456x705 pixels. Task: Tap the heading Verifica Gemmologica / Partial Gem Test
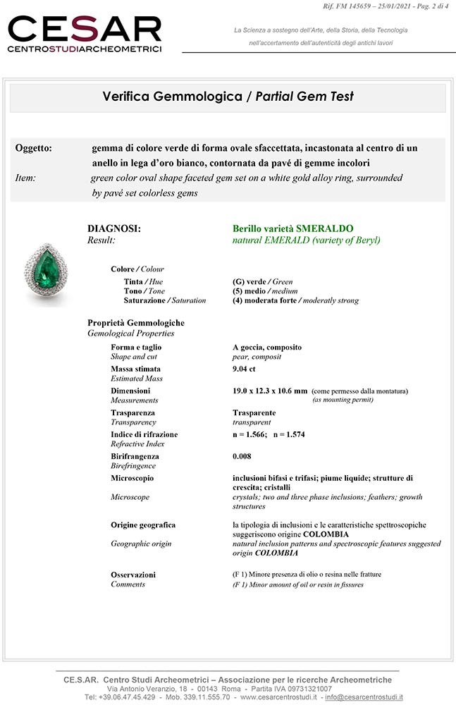tap(228, 97)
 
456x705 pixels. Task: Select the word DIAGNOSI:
tap(113, 229)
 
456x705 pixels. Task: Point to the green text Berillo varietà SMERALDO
tap(293, 229)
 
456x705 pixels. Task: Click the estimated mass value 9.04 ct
tap(245, 369)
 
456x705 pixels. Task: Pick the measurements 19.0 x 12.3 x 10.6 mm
tap(270, 391)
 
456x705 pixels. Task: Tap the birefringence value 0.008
tap(242, 456)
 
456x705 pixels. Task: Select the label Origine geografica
tap(143, 525)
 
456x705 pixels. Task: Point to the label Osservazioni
tap(133, 575)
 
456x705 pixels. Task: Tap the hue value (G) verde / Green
tap(263, 281)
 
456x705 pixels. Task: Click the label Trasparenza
tap(133, 412)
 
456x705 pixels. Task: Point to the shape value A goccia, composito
tap(267, 347)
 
